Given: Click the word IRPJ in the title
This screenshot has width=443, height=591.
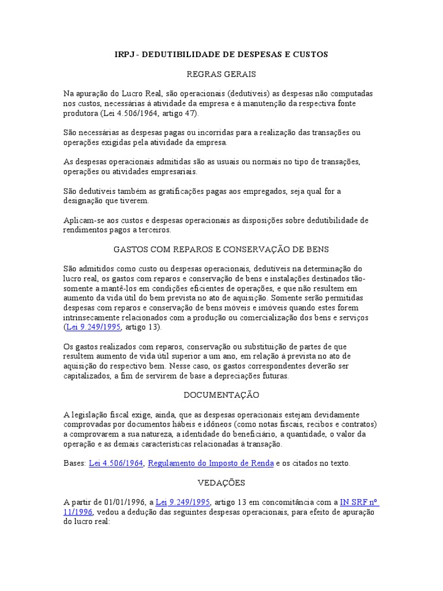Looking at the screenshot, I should pos(122,54).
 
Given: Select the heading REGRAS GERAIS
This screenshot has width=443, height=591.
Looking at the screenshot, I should pos(221,74).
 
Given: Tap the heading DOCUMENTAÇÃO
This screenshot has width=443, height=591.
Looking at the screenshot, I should pos(221,395).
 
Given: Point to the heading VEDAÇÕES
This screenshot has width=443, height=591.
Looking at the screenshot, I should pos(221,482).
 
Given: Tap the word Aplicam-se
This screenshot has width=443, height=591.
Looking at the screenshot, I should pos(83,220).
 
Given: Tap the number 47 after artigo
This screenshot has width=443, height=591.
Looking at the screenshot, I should pos(190,113).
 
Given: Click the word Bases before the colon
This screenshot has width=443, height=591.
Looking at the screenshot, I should pos(74,463).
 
